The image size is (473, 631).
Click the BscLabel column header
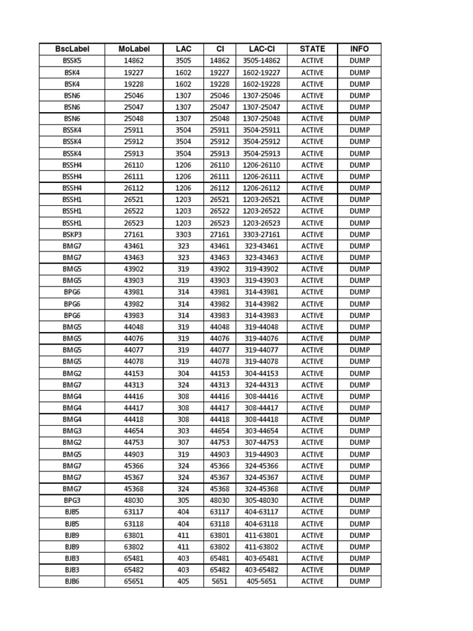coord(71,49)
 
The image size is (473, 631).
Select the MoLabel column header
coord(133,49)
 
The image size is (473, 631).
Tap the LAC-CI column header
coord(261,49)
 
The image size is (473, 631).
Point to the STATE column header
coord(312,49)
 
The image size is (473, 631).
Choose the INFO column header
coord(360,49)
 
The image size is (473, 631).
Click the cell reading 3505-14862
coord(261,61)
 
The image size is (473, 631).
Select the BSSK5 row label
coord(71,61)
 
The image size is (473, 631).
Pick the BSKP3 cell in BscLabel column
coord(71,234)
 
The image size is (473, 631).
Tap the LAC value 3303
coord(184,234)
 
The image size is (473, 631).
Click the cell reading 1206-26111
coord(261,176)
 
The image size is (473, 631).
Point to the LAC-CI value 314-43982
coord(261,304)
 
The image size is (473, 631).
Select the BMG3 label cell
coord(71,431)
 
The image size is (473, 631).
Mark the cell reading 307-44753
coord(261,442)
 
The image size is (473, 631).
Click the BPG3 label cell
coord(71,500)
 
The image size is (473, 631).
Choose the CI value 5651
coord(219,581)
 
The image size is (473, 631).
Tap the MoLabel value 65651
coord(133,581)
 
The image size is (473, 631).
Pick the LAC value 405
coord(184,581)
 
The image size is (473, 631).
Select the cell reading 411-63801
coord(261,535)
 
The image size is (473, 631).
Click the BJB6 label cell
coord(71,581)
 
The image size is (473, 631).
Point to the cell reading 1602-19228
coord(261,84)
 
